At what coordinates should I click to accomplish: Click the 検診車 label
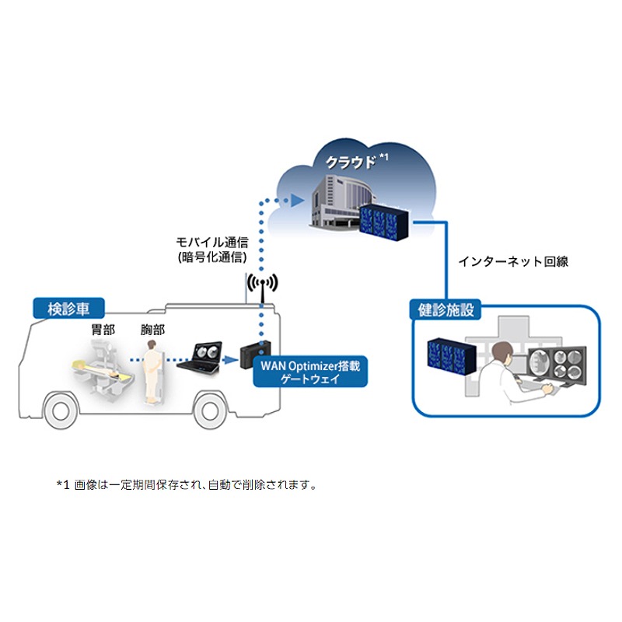click(x=69, y=308)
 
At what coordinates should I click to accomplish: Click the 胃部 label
click(x=103, y=330)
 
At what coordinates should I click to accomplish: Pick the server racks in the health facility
click(x=449, y=355)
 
